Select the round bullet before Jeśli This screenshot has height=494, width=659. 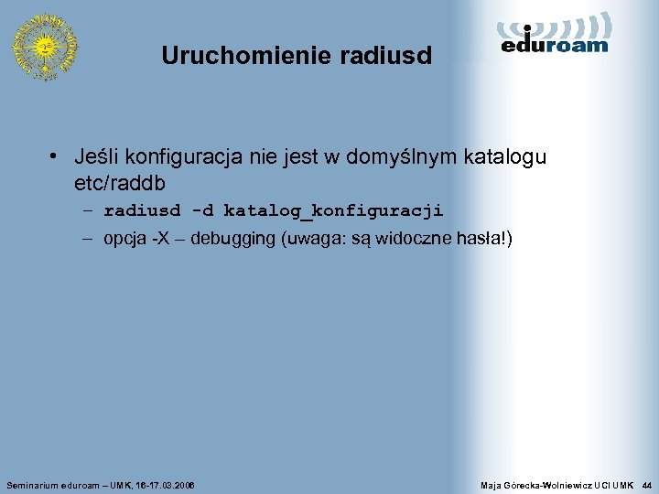coord(56,157)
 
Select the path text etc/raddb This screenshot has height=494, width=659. coord(120,182)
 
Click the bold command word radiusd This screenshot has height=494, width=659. coord(142,211)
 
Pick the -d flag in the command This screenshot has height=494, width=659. coord(202,211)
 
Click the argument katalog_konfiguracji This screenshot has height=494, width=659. coord(333,211)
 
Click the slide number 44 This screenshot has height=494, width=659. coord(647,483)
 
